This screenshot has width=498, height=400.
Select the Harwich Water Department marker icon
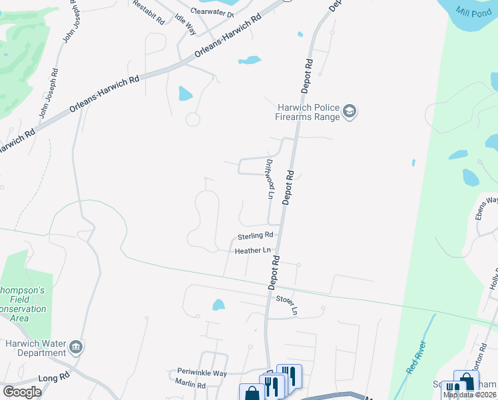pyautogui.click(x=76, y=347)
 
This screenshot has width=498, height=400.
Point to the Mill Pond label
pyautogui.click(x=473, y=11)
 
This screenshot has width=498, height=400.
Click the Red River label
pyautogui.click(x=417, y=358)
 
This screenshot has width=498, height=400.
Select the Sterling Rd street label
pyautogui.click(x=256, y=235)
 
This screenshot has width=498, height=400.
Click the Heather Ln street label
pyautogui.click(x=253, y=251)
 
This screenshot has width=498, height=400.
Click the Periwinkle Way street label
pyautogui.click(x=202, y=373)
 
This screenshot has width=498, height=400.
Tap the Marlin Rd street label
pyautogui.click(x=191, y=385)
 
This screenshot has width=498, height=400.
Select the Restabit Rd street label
pyautogui.click(x=148, y=13)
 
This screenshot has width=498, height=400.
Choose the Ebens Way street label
pyautogui.click(x=487, y=208)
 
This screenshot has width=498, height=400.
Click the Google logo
pyautogui.click(x=22, y=392)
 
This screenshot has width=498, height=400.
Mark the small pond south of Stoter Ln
pyautogui.click(x=218, y=305)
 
